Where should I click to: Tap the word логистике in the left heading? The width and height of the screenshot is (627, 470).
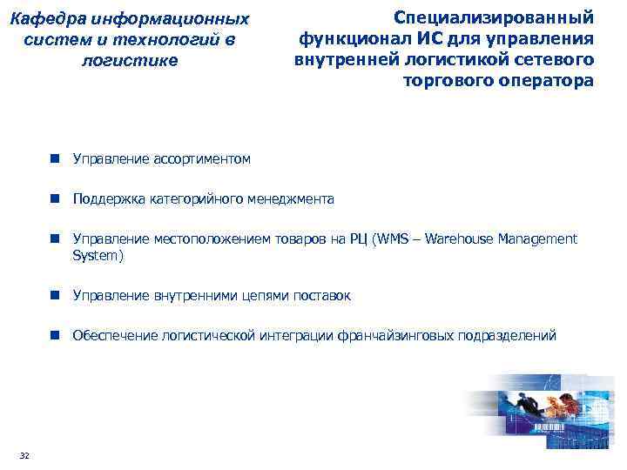tap(128, 61)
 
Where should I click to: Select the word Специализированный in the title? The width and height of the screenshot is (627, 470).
tap(494, 17)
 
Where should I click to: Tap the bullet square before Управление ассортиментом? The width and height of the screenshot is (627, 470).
tap(54, 159)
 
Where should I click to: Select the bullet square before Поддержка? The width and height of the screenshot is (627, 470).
tap(54, 199)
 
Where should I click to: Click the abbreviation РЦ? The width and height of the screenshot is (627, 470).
tap(356, 239)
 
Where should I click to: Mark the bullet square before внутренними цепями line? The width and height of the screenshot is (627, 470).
tap(54, 296)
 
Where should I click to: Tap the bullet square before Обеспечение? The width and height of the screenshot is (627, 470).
tap(54, 336)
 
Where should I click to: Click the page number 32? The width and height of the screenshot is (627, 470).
tap(24, 456)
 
